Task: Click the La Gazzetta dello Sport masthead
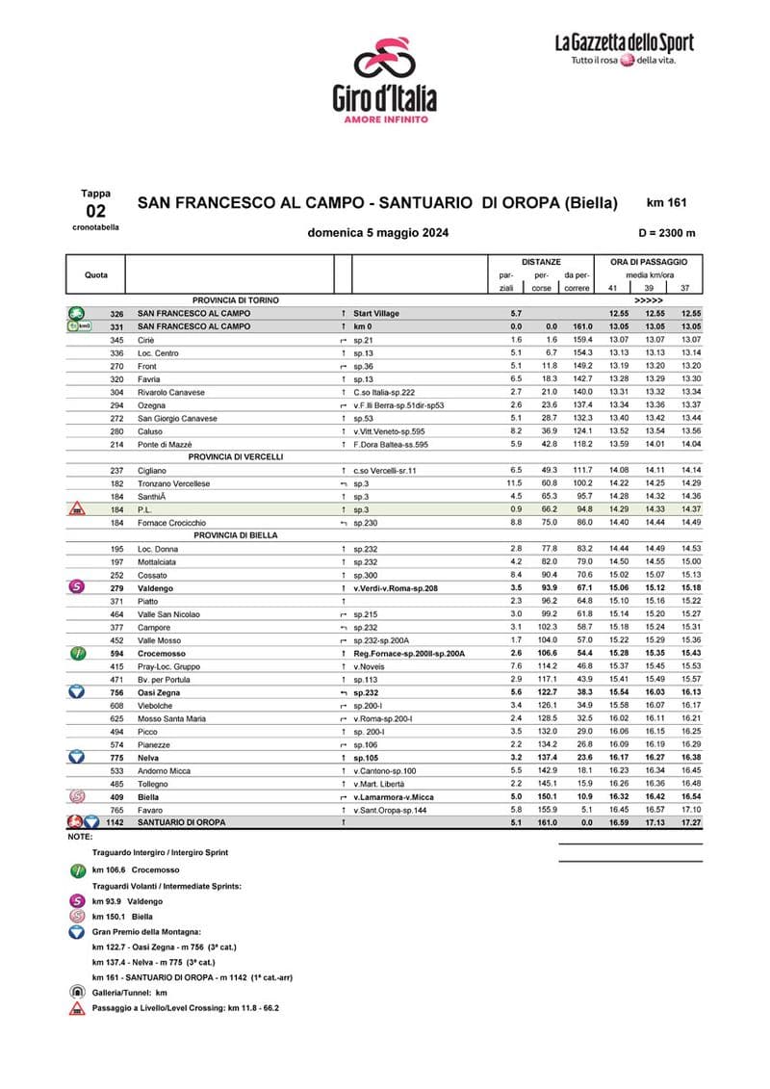pyautogui.click(x=623, y=49)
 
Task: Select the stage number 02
pyautogui.click(x=95, y=210)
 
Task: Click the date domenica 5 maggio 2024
pyautogui.click(x=377, y=233)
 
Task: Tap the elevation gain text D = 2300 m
pyautogui.click(x=666, y=233)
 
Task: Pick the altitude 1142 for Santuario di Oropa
pyautogui.click(x=117, y=822)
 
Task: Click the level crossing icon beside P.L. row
pyautogui.click(x=76, y=509)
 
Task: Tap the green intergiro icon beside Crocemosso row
pyautogui.click(x=76, y=653)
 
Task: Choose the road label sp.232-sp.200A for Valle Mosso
pyautogui.click(x=382, y=639)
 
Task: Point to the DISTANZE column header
pyautogui.click(x=541, y=261)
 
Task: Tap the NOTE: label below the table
pyautogui.click(x=80, y=837)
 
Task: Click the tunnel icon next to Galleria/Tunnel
pyautogui.click(x=76, y=991)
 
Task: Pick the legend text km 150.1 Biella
pyautogui.click(x=122, y=917)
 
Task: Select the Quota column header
pyautogui.click(x=96, y=274)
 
